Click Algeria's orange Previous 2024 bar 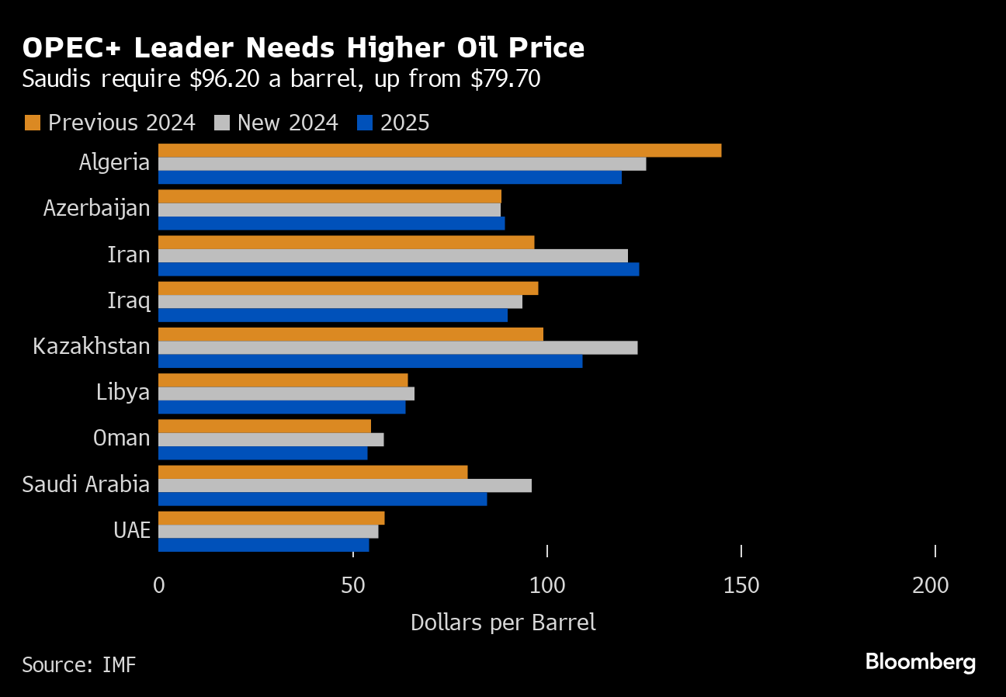pyautogui.click(x=439, y=151)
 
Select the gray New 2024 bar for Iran pyautogui.click(x=393, y=255)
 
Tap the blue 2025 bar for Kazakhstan pyautogui.click(x=370, y=361)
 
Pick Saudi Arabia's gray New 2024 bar pyautogui.click(x=345, y=485)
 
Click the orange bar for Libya pyautogui.click(x=283, y=380)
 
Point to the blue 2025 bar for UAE pyautogui.click(x=263, y=545)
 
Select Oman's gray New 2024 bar pyautogui.click(x=271, y=439)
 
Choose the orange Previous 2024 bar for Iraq pyautogui.click(x=348, y=289)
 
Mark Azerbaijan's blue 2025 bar pyautogui.click(x=331, y=224)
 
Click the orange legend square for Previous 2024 pyautogui.click(x=32, y=123)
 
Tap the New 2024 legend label pyautogui.click(x=287, y=123)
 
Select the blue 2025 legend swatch pyautogui.click(x=365, y=123)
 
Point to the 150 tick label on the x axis pyautogui.click(x=741, y=586)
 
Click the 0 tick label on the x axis pyautogui.click(x=159, y=586)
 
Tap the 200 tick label pyautogui.click(x=931, y=586)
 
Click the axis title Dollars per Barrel pyautogui.click(x=503, y=622)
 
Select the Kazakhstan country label pyautogui.click(x=92, y=346)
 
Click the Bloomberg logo pyautogui.click(x=920, y=662)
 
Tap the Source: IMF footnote pyautogui.click(x=78, y=664)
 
